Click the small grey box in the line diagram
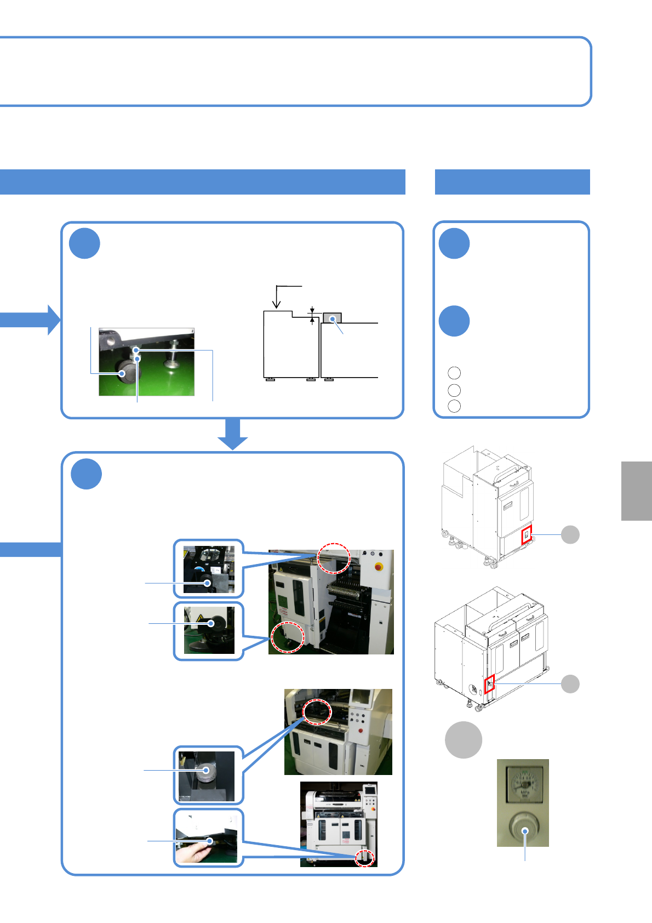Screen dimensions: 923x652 pos(332,318)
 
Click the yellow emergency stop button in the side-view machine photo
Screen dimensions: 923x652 pos(378,567)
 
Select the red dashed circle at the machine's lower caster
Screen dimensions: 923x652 pos(288,637)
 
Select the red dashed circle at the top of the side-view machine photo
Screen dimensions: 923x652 pos(334,558)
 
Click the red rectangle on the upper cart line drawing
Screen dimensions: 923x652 pos(527,534)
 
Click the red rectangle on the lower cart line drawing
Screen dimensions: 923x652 pos(489,684)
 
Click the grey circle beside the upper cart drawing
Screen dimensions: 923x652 pos(570,534)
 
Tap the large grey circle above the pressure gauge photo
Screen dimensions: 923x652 pos(464,740)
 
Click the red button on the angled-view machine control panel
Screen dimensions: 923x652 pos(360,731)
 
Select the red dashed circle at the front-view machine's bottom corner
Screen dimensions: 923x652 pos(364,858)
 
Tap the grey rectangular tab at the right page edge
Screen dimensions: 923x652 pos(637,491)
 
